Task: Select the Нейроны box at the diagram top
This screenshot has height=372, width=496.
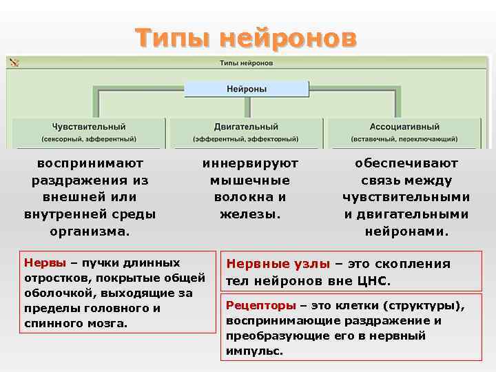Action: pyautogui.click(x=247, y=89)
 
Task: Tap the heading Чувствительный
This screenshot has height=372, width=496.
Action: pyautogui.click(x=89, y=127)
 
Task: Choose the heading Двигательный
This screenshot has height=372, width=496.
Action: pyautogui.click(x=246, y=127)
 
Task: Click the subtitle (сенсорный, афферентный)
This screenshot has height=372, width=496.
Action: pyautogui.click(x=89, y=138)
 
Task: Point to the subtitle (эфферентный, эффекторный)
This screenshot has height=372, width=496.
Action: pyautogui.click(x=246, y=138)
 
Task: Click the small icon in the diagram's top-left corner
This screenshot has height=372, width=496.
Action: pyautogui.click(x=14, y=63)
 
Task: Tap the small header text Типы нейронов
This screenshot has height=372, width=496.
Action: pyautogui.click(x=246, y=63)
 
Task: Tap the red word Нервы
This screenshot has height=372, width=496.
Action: pyautogui.click(x=45, y=262)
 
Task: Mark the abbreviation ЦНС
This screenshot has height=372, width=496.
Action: pyautogui.click(x=375, y=282)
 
